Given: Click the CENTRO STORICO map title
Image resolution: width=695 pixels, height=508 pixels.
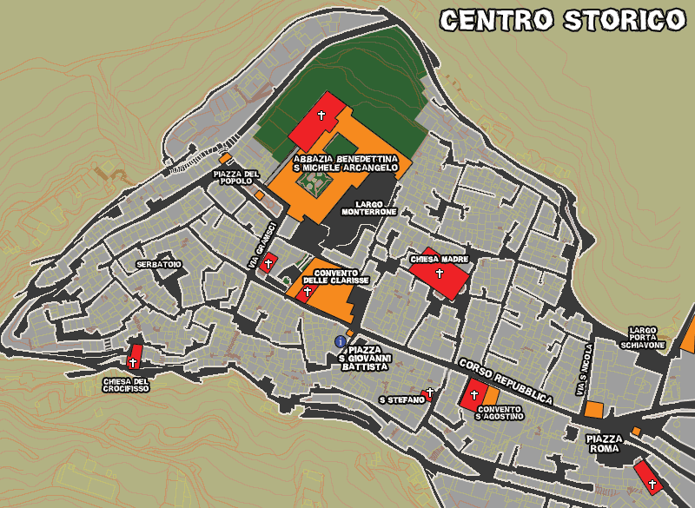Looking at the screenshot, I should pyautogui.click(x=562, y=20).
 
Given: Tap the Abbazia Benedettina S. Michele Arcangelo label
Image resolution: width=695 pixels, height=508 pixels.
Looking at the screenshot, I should pyautogui.click(x=346, y=163).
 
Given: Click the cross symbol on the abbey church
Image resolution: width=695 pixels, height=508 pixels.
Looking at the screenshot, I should pyautogui.click(x=321, y=115).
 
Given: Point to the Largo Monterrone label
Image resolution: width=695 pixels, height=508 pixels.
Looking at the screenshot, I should pyautogui.click(x=369, y=208).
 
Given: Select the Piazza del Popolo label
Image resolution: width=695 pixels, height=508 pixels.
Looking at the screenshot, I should pyautogui.click(x=235, y=178).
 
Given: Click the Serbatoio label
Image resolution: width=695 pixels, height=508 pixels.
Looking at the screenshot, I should pyautogui.click(x=159, y=263).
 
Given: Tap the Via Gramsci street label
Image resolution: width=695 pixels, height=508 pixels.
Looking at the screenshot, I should pyautogui.click(x=260, y=244).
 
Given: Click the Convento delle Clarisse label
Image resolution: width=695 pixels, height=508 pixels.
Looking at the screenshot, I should pyautogui.click(x=336, y=276).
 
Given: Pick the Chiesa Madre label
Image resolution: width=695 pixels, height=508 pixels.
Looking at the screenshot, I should pyautogui.click(x=439, y=259).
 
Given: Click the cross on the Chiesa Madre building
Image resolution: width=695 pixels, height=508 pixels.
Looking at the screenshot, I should pyautogui.click(x=440, y=274).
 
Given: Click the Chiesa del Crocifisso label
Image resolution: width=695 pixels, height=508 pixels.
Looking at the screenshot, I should pyautogui.click(x=126, y=384).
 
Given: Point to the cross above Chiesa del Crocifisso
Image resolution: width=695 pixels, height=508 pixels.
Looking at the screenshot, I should pyautogui.click(x=134, y=362).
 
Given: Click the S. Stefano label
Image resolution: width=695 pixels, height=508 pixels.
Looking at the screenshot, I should pyautogui.click(x=401, y=399).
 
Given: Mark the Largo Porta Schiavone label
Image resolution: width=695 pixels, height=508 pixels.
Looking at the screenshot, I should pyautogui.click(x=643, y=338).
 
